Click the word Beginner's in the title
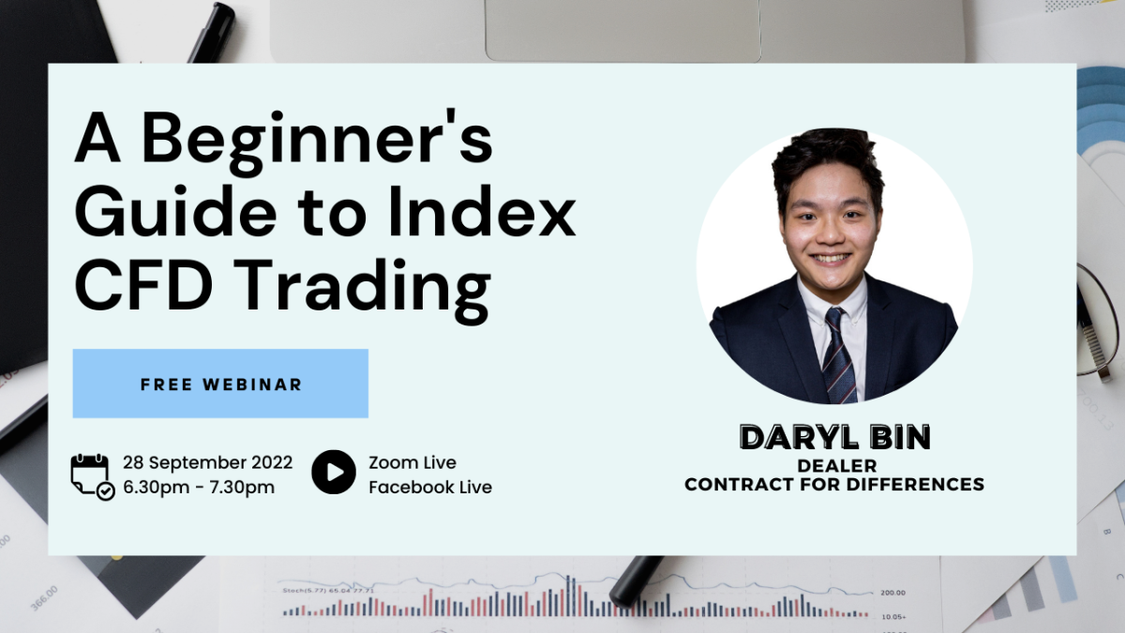317,142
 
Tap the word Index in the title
482,211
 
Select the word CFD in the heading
143,285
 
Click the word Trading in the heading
362,292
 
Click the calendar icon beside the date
93,476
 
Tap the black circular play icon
334,472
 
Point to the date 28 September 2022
207,462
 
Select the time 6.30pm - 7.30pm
199,488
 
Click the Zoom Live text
412,462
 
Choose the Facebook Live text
430,488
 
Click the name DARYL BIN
834,437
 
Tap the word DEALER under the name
836,466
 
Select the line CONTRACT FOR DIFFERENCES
834,484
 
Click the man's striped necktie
839,356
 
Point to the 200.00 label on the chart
892,593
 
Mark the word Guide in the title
176,212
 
